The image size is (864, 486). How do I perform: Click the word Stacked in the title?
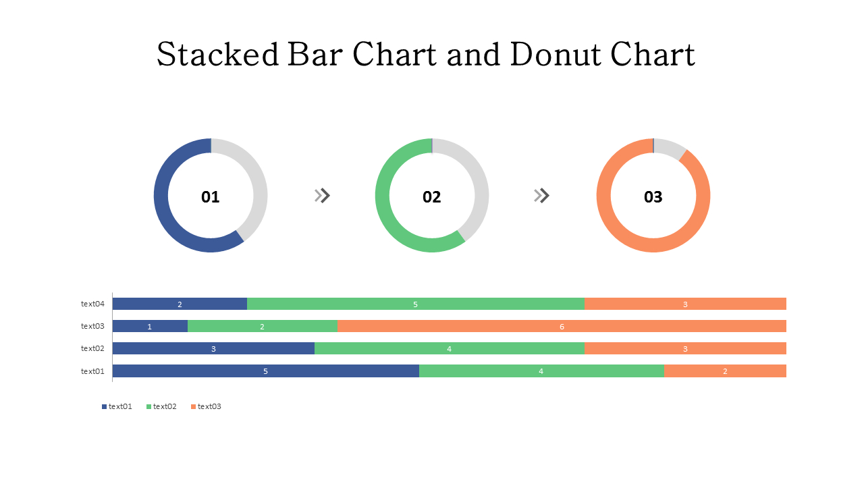[217, 55]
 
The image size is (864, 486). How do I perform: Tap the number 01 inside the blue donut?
[211, 197]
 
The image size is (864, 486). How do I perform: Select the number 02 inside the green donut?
[432, 197]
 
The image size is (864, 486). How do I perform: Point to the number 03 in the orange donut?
[653, 197]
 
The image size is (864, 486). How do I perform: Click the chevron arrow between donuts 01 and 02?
[323, 196]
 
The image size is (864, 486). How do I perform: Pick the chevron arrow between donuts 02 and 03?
[542, 196]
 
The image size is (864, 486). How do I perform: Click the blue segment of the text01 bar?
[265, 371]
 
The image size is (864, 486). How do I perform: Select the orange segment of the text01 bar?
[725, 371]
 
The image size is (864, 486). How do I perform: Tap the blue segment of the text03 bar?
[150, 327]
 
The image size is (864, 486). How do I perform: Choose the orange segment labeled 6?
[562, 327]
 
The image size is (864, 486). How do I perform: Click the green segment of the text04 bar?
[415, 304]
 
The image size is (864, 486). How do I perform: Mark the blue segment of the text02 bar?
[213, 349]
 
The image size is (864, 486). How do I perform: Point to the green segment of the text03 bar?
[262, 327]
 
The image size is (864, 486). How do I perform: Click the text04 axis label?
[93, 304]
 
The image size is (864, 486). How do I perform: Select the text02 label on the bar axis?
[93, 349]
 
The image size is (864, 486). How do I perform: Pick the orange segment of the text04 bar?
[685, 304]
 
